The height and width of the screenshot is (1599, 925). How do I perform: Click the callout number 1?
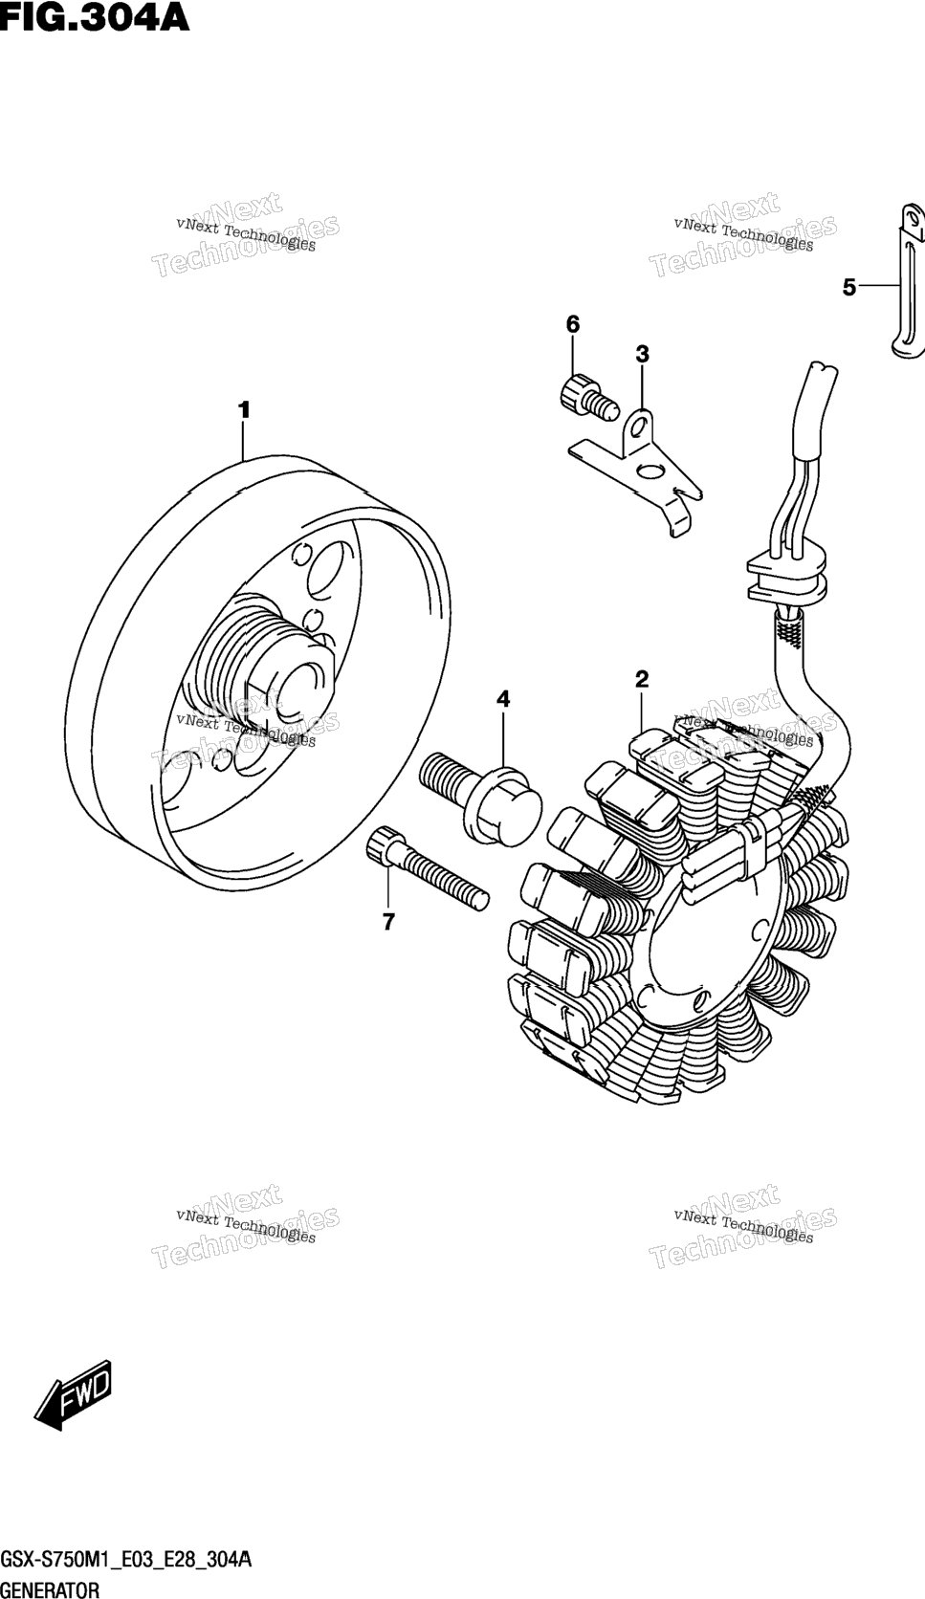coord(244,410)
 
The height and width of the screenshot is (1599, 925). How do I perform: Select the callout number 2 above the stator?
coord(642,679)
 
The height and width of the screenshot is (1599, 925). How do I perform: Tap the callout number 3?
coord(643,353)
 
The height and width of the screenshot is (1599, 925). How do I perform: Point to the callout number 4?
coord(503,699)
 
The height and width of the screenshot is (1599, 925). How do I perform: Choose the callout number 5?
coord(848,288)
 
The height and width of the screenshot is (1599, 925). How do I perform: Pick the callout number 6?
coord(573,325)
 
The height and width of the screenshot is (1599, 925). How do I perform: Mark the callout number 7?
coord(388,922)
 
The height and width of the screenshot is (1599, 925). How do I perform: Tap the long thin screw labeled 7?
coord(426,868)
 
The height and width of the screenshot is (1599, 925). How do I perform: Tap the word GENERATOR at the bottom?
coord(50,1588)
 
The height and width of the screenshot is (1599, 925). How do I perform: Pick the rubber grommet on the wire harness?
coord(786,576)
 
